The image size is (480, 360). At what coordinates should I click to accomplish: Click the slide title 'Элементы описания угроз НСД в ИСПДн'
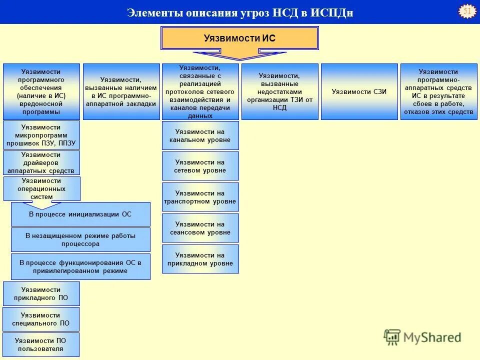click(240, 12)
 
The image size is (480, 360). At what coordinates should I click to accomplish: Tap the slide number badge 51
click(467, 11)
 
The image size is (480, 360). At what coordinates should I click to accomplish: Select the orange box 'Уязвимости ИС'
click(239, 38)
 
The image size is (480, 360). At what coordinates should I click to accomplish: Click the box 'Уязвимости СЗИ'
click(359, 91)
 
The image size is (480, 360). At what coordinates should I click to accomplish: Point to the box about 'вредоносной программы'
click(41, 91)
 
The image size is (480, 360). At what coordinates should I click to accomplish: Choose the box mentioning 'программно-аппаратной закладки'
click(121, 91)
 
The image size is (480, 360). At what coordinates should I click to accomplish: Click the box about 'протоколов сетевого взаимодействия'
click(200, 91)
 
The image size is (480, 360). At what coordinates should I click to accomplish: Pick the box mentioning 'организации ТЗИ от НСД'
click(279, 91)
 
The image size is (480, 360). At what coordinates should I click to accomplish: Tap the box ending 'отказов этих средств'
click(438, 91)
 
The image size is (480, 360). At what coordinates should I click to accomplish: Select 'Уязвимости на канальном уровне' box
click(200, 135)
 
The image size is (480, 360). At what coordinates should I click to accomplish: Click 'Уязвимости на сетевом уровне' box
click(200, 166)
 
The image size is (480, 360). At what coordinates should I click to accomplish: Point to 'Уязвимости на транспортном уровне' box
click(200, 197)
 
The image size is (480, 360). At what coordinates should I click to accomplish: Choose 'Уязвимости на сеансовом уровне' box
click(200, 228)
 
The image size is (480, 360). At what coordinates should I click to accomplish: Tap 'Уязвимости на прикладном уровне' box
click(200, 259)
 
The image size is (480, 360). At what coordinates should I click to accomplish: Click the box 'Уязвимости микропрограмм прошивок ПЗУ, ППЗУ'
click(41, 135)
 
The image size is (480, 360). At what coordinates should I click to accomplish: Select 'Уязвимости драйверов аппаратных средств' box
click(41, 163)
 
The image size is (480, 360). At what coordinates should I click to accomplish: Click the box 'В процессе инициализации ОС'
click(80, 214)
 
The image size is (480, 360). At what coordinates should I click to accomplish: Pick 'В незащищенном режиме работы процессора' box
click(80, 240)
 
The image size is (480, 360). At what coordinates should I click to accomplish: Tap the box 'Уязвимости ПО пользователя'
click(41, 345)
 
